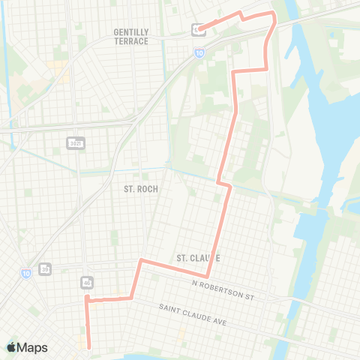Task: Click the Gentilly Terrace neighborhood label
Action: (132, 37)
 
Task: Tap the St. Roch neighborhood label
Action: (140, 189)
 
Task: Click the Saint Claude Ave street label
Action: (193, 313)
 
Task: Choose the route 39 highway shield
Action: (46, 268)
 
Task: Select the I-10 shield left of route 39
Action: (25, 271)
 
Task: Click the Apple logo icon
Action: (11, 347)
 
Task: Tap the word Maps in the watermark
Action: (32, 347)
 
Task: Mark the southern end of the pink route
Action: (89, 347)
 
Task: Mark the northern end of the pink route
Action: (199, 29)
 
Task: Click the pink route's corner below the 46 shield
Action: (87, 298)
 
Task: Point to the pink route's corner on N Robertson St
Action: (208, 277)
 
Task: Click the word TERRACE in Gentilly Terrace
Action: (133, 41)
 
